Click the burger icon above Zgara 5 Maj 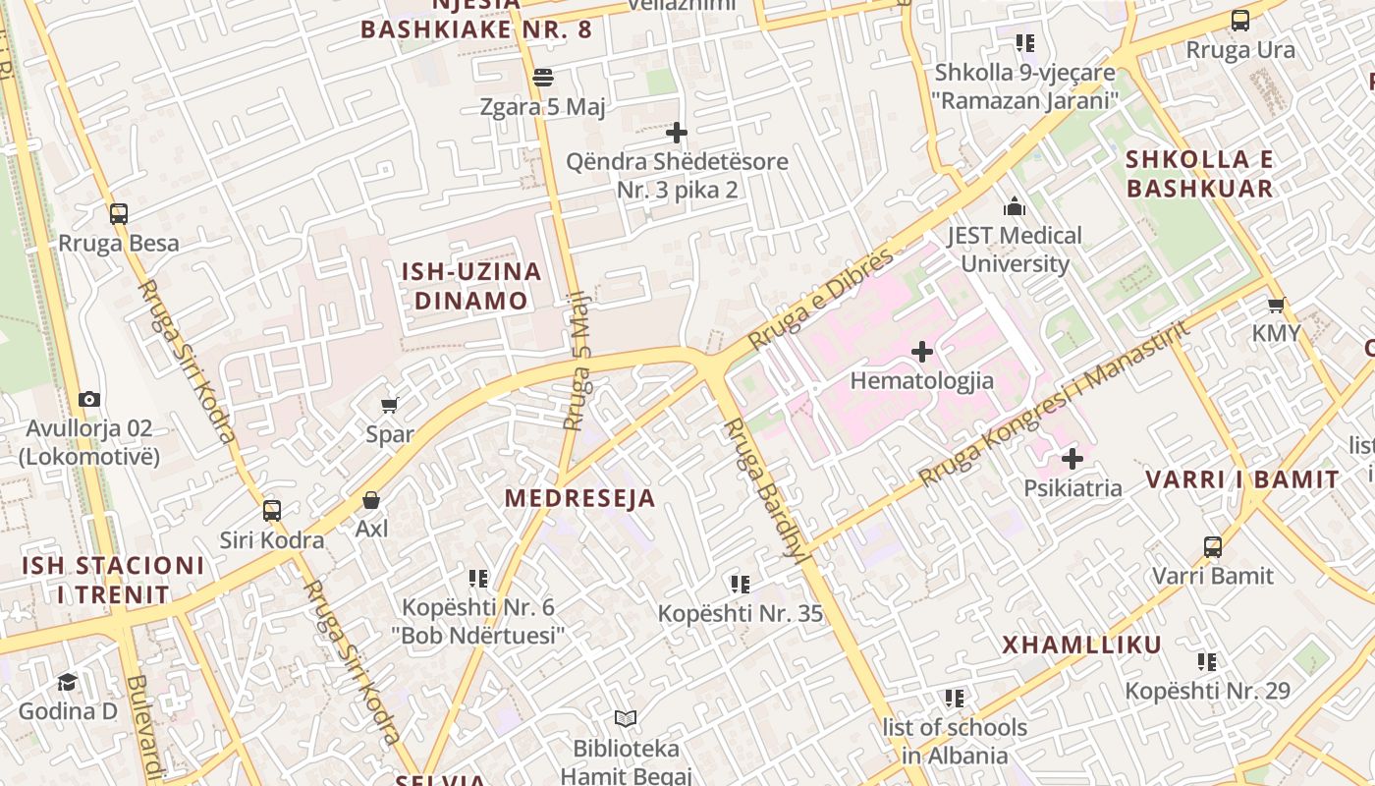(x=543, y=78)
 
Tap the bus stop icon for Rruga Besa (x=119, y=214)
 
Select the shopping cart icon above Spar (x=390, y=405)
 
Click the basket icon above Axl (x=371, y=501)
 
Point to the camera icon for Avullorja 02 (x=89, y=399)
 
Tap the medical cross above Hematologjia (x=922, y=352)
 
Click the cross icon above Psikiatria (x=1072, y=459)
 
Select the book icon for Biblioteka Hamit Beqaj (x=626, y=719)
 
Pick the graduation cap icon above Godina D (x=67, y=682)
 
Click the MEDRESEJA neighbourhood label (x=579, y=498)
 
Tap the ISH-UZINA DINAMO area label (x=471, y=286)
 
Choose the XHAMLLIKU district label (x=1081, y=646)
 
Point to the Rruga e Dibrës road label (x=821, y=299)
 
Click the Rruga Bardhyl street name (x=763, y=489)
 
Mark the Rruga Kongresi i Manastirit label (x=1054, y=403)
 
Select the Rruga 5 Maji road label (x=579, y=362)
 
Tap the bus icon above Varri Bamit (x=1213, y=547)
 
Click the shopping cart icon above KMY (x=1276, y=306)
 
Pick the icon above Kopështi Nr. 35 (x=741, y=585)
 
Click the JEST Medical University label (x=1015, y=250)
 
